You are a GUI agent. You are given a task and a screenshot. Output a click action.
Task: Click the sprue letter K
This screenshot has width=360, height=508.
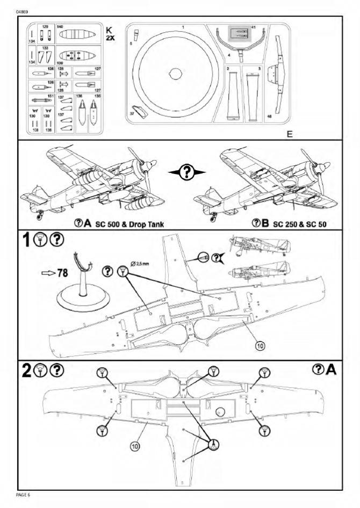110,28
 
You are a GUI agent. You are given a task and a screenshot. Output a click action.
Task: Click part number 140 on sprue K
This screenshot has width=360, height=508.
60,26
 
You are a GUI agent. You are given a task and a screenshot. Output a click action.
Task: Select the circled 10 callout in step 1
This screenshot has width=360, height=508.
260,346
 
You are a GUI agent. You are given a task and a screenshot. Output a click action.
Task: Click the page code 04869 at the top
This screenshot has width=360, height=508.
23,10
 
